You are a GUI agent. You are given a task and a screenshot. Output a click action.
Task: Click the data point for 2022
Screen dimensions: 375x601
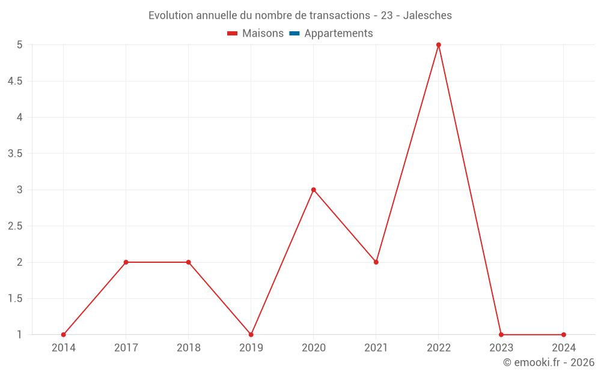[x=439, y=45]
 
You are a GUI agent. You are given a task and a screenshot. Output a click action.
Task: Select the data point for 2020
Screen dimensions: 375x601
[x=314, y=190]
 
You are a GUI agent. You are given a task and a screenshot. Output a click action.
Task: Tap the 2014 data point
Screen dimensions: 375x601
[x=64, y=335]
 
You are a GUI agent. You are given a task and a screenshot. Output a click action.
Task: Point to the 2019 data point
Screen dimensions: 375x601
[x=251, y=335]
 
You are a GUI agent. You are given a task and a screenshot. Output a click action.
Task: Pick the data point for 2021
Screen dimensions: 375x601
[x=376, y=262]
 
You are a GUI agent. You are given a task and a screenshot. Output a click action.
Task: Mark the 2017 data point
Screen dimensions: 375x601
[x=126, y=262]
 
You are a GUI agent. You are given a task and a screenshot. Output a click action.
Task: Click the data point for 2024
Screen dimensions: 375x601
[x=564, y=335]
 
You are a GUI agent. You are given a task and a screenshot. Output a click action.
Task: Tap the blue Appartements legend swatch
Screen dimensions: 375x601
[x=294, y=34]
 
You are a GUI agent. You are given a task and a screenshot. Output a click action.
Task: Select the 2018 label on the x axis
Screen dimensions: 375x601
[x=189, y=347]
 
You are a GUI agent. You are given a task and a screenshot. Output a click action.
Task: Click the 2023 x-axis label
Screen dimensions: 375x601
[x=501, y=347]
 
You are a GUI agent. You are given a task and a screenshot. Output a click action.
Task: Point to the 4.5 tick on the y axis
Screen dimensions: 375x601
[x=15, y=81]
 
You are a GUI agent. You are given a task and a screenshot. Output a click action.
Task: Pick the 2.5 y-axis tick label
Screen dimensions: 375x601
[x=15, y=226]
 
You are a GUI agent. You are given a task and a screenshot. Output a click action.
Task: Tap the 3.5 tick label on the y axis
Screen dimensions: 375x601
[x=15, y=154]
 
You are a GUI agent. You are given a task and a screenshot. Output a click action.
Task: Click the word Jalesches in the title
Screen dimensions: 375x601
[x=427, y=16]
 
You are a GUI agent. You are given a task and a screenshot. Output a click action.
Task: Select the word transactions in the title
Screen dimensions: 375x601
[x=341, y=16]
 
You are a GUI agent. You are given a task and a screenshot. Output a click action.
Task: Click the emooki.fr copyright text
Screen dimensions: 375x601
[x=549, y=362]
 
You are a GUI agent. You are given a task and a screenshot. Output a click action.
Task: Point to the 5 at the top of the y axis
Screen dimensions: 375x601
[x=20, y=45]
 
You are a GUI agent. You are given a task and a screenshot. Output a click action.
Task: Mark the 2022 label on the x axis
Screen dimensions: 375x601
[x=439, y=347]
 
